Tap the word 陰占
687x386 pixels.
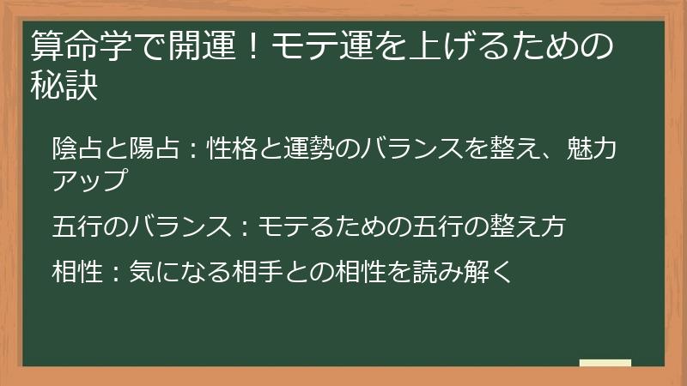(76, 148)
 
